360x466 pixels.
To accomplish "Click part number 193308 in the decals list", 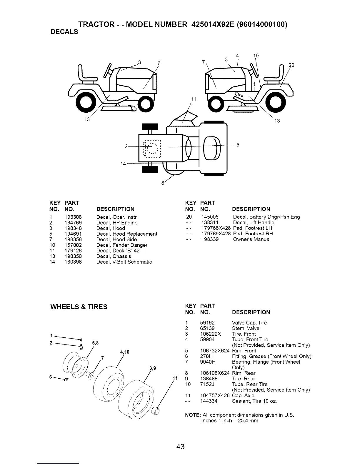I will (73, 217).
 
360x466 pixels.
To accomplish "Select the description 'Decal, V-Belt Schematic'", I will (124, 262).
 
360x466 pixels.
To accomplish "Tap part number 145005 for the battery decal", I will (210, 217).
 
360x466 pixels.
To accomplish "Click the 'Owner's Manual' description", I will (251, 239).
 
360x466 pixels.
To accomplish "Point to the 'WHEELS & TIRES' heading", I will (79, 307).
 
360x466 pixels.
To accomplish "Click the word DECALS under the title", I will (64, 32).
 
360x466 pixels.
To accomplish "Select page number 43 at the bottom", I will (180, 447).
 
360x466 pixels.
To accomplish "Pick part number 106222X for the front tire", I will (211, 334).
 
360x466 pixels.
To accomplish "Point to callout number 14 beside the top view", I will (124, 164).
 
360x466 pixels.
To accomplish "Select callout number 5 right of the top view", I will (238, 145).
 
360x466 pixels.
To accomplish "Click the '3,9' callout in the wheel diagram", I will (152, 368).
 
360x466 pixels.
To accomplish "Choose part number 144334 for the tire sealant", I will (209, 401).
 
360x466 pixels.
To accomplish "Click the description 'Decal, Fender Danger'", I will (122, 245).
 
